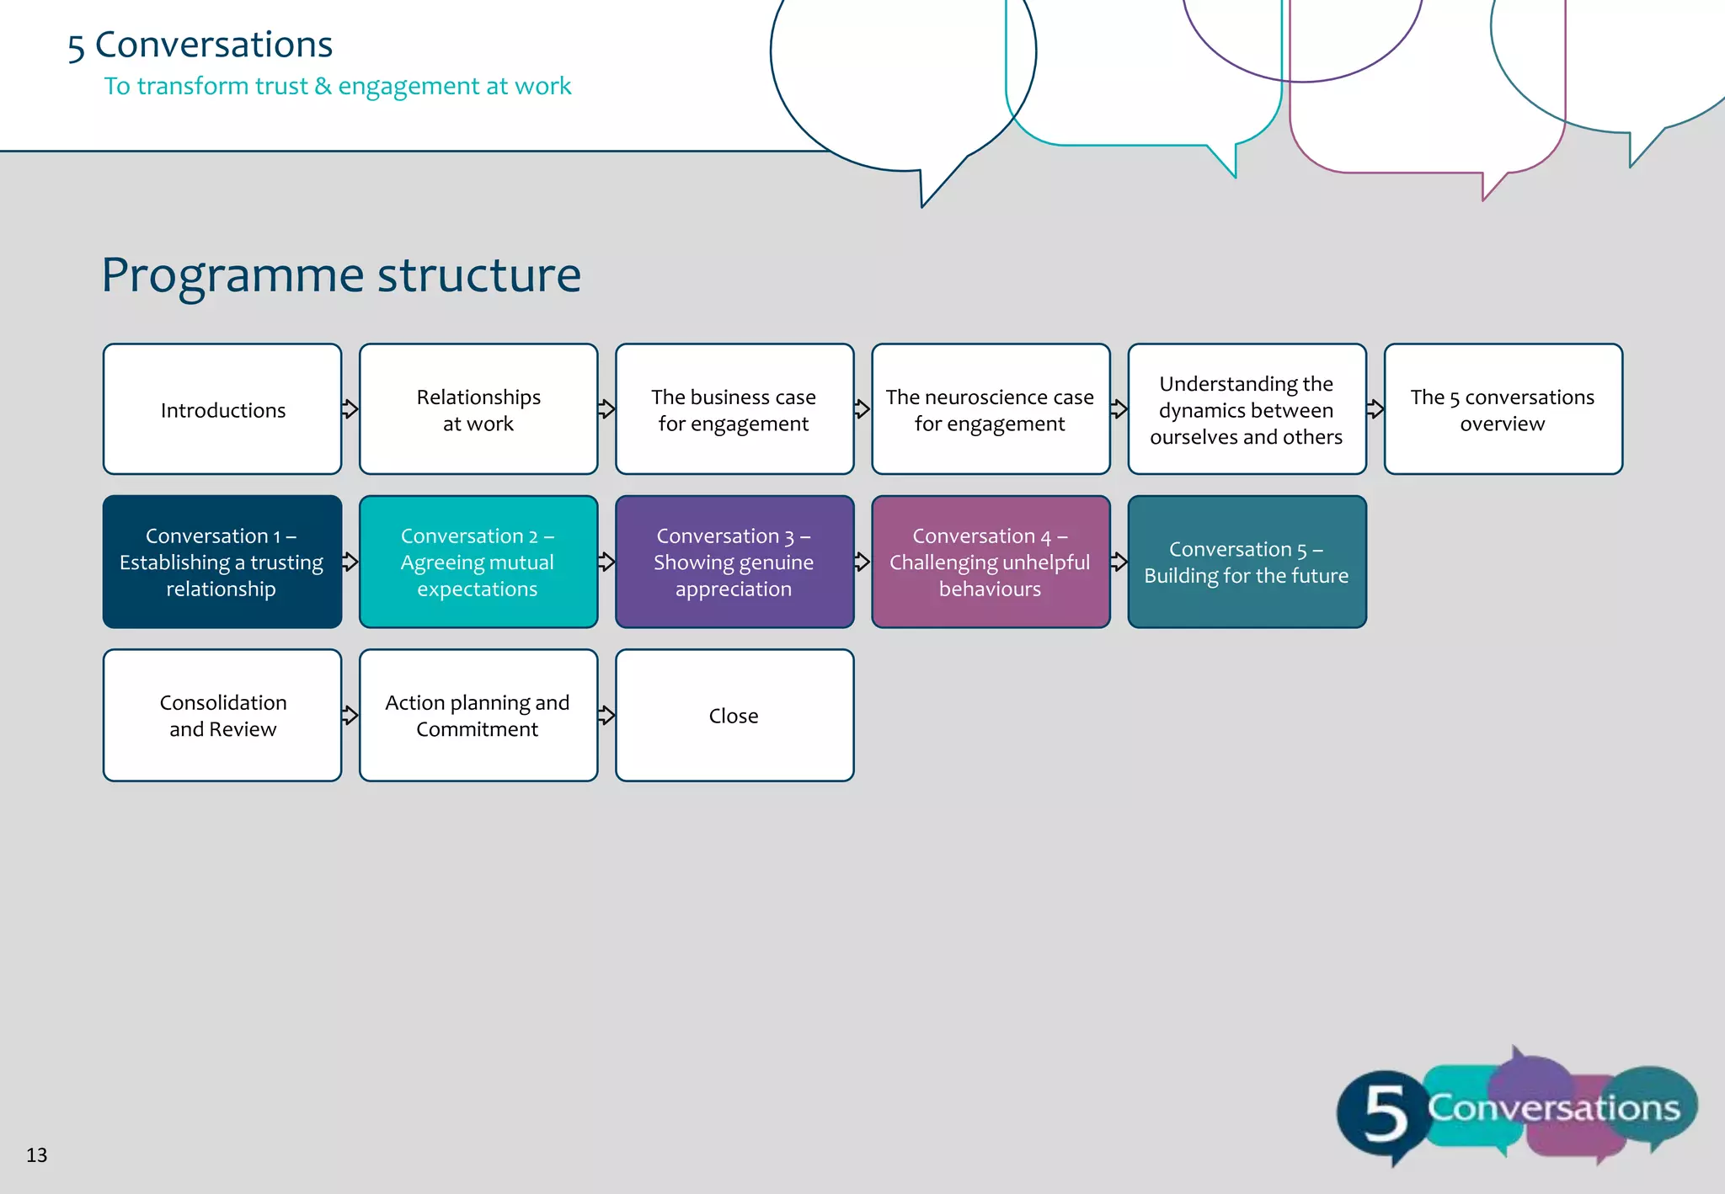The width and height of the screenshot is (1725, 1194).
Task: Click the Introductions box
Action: (x=222, y=409)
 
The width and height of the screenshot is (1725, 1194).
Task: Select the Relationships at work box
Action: (x=478, y=409)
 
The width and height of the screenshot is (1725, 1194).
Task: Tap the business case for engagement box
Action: (x=734, y=409)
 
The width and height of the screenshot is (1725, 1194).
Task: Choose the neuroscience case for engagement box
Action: (x=991, y=409)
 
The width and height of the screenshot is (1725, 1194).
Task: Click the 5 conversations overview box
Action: (x=1503, y=409)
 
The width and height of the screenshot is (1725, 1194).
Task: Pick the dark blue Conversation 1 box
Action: (x=222, y=562)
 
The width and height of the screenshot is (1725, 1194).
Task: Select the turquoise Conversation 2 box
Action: (x=478, y=562)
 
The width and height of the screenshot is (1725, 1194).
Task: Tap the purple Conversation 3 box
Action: (x=734, y=562)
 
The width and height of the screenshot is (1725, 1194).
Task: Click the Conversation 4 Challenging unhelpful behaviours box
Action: (x=991, y=562)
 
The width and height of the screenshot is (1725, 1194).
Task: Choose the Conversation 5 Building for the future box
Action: (x=1247, y=562)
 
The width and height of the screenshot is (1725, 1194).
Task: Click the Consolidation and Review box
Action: (x=222, y=715)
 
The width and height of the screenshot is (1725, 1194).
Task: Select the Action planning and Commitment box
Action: (x=478, y=715)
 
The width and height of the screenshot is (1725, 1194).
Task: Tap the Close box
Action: (x=734, y=715)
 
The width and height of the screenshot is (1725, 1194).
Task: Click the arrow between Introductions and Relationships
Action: (x=350, y=409)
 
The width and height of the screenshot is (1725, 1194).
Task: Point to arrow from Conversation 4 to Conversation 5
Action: (x=1119, y=562)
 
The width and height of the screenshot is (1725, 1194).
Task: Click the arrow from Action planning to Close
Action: (x=606, y=715)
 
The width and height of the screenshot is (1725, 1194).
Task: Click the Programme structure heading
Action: (x=341, y=275)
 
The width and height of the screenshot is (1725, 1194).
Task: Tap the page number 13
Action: (x=36, y=1154)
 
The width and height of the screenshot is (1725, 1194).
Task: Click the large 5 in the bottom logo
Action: (x=1384, y=1114)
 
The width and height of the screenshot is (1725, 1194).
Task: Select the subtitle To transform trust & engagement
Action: (x=337, y=86)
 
